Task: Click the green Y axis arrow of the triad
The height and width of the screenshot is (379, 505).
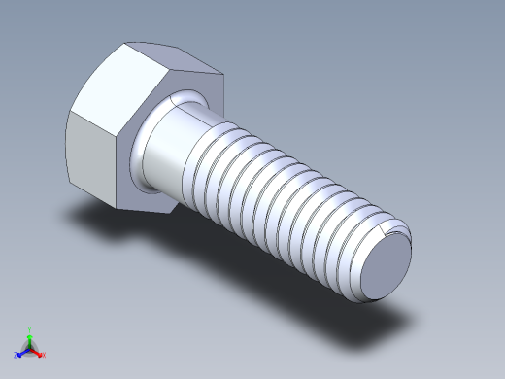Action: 29,335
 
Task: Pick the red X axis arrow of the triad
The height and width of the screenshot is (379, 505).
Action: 38,353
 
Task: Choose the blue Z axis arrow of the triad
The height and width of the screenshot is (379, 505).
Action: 20,353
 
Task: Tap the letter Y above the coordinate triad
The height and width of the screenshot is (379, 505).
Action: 29,328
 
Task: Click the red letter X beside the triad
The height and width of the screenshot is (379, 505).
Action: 44,356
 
